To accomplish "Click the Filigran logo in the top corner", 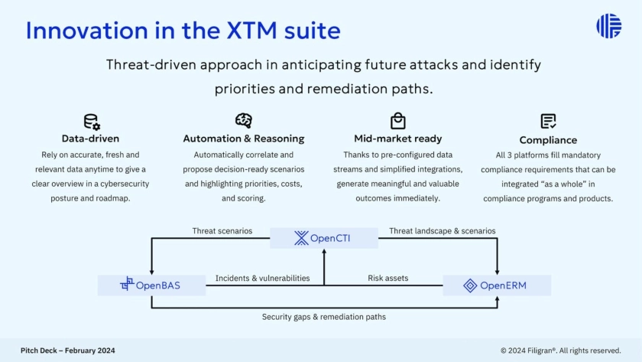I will (608, 26).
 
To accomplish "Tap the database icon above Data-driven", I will (92, 122).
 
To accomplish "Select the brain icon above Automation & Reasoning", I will (244, 121).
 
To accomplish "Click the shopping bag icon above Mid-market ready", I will (397, 121).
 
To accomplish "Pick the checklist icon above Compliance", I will (548, 122).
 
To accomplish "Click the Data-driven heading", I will (90, 139).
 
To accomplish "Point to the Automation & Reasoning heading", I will (244, 139).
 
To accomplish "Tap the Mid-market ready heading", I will (397, 139).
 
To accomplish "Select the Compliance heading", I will (548, 140).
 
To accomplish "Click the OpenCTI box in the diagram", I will (324, 238).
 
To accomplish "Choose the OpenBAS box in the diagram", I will (151, 285).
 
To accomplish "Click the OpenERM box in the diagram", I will (497, 285).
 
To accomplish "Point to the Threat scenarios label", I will (222, 231).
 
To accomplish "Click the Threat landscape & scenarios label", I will (442, 231).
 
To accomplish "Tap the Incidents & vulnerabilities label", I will (262, 279).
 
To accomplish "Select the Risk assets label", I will (389, 279).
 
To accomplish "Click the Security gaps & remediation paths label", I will (323, 317).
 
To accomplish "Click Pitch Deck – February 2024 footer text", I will (68, 351).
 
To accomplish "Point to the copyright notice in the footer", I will (560, 351).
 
